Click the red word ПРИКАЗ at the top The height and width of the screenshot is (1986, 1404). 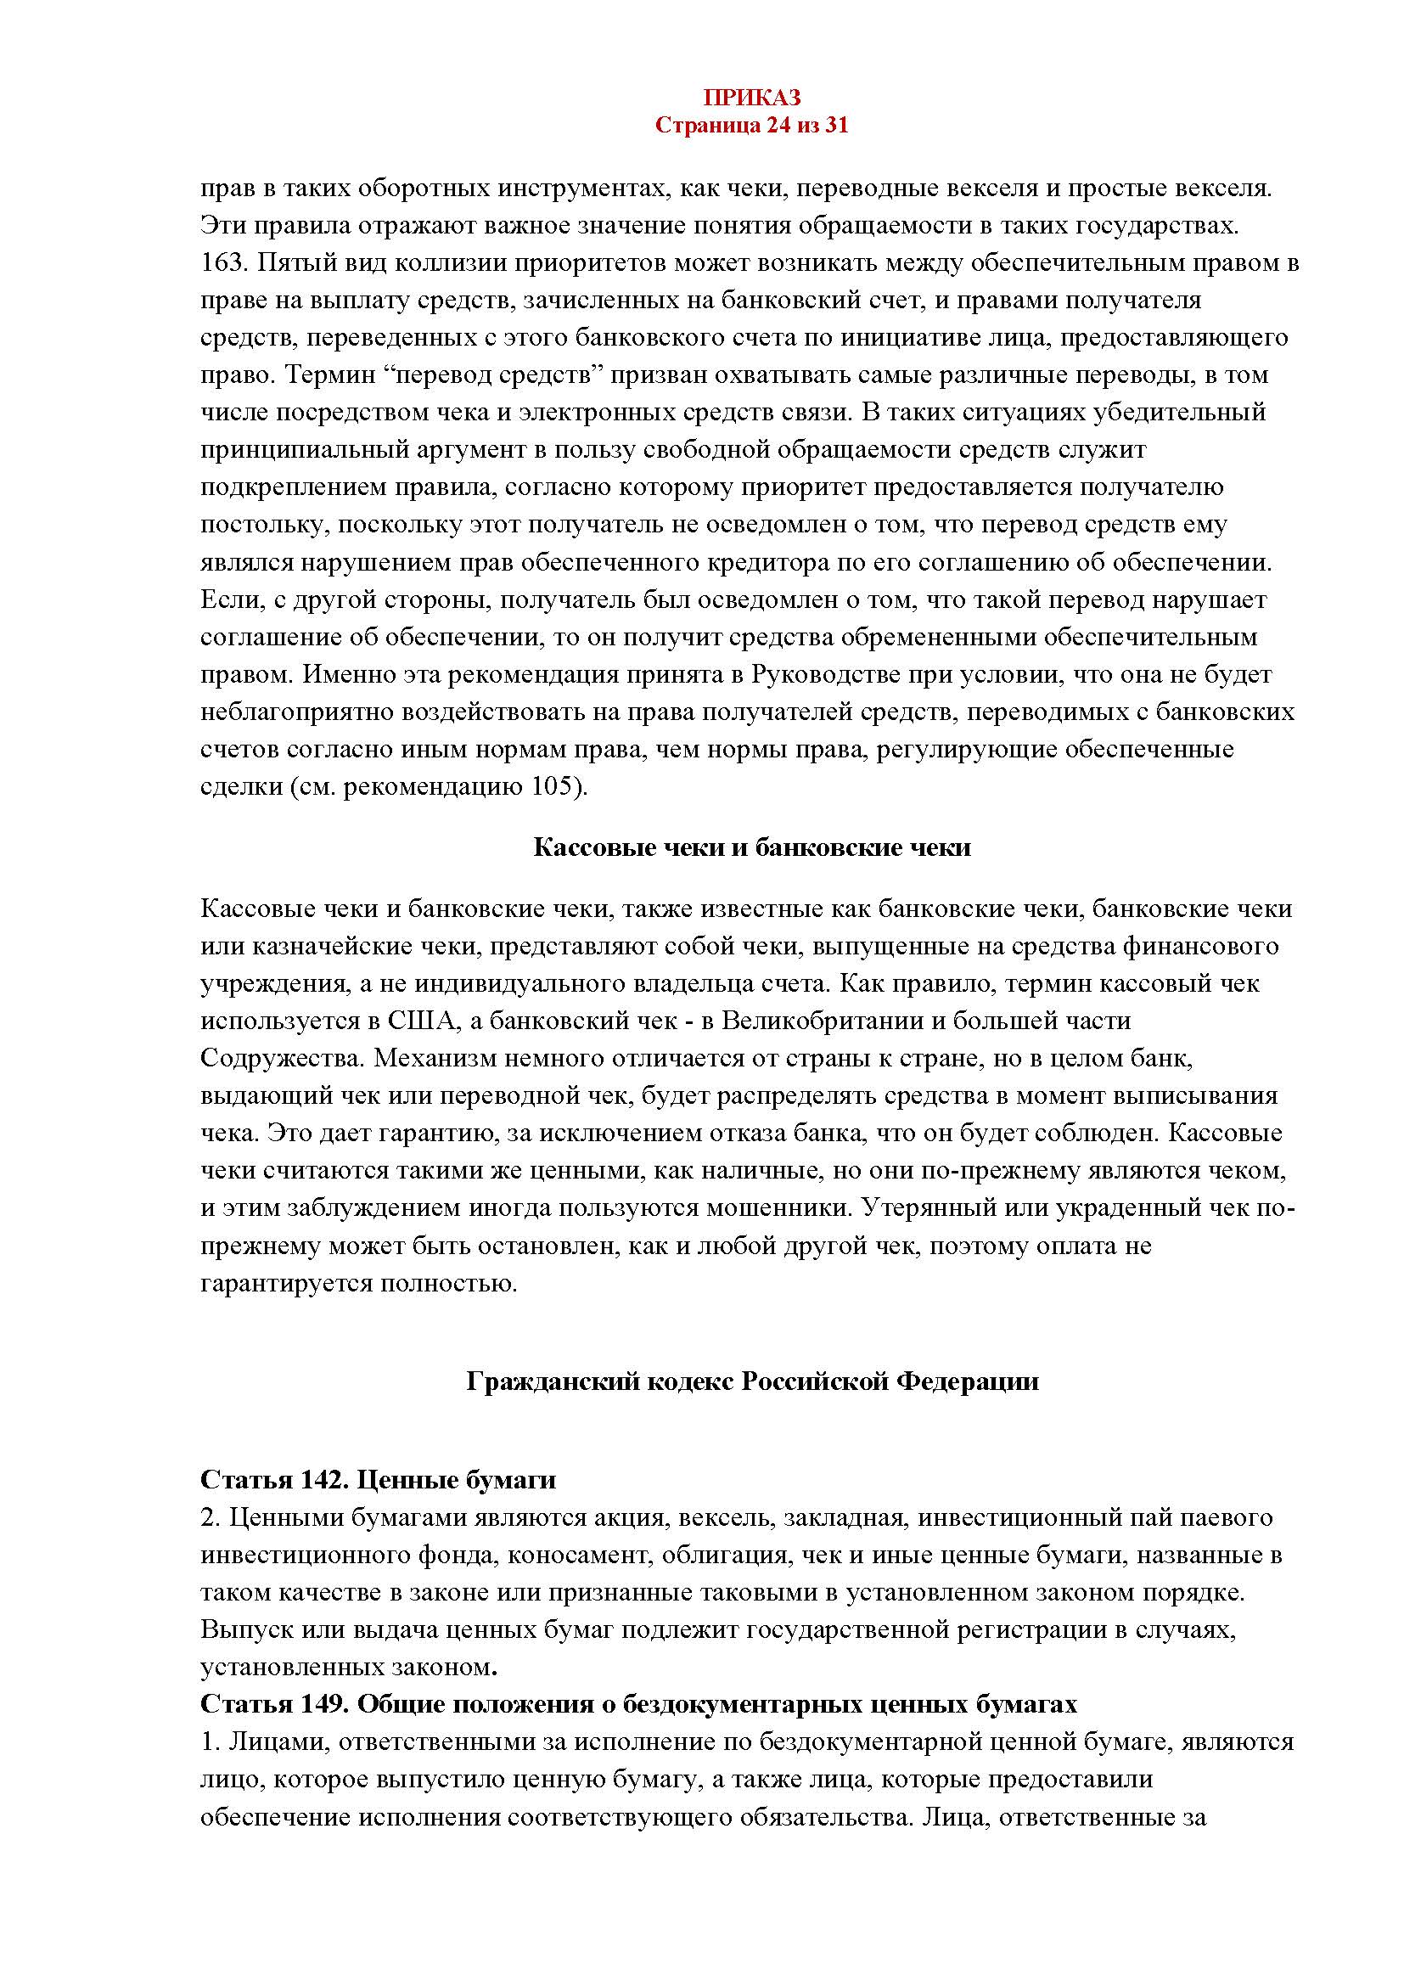751,97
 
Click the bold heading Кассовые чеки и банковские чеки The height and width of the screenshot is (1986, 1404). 751,847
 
